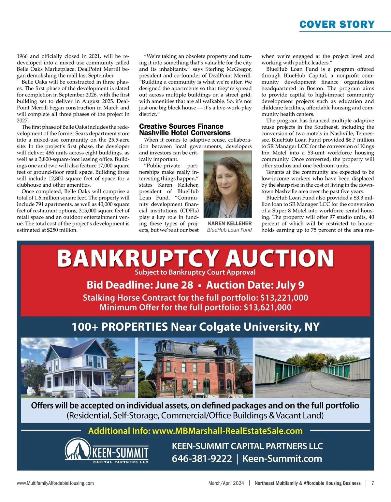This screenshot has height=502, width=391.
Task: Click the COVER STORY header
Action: (x=337, y=24)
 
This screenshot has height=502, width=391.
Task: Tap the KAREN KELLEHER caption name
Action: (x=230, y=223)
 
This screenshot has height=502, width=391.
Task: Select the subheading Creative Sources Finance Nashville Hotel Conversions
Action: (x=185, y=130)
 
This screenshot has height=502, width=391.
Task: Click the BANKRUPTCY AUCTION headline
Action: (x=195, y=258)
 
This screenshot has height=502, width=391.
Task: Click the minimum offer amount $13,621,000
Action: (x=268, y=308)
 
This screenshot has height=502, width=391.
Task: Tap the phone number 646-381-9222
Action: (x=202, y=459)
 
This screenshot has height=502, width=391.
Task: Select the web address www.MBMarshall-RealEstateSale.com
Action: (x=227, y=431)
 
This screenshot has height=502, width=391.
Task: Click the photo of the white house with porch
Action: (x=78, y=367)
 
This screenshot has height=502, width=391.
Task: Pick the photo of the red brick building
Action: (x=195, y=367)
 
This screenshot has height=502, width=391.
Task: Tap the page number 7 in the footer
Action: (x=372, y=483)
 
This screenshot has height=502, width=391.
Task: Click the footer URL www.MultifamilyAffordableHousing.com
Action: (x=55, y=483)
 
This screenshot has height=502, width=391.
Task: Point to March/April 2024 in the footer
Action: (x=226, y=483)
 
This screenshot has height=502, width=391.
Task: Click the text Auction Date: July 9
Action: (x=255, y=285)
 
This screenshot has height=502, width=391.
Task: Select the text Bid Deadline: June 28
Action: (x=140, y=285)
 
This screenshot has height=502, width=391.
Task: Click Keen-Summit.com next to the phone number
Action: (x=282, y=459)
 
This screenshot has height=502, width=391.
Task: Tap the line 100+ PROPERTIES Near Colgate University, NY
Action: (x=195, y=327)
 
